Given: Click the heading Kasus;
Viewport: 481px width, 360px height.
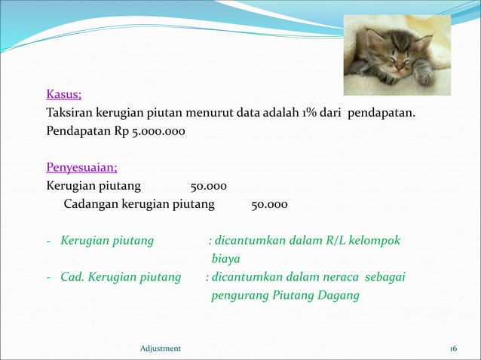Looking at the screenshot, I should coord(64,95).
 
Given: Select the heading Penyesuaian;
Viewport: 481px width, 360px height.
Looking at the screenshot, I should coord(81,166).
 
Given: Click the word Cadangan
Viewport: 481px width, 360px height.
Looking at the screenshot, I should coord(88,204).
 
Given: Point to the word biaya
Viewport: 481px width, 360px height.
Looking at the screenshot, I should coord(225,259).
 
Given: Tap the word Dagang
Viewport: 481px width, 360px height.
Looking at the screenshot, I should coord(339,295).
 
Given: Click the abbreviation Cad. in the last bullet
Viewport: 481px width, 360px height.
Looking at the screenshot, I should coord(73,277).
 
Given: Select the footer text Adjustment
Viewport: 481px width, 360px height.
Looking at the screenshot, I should coord(161,348).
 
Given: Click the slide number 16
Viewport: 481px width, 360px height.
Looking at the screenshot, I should coord(453,348).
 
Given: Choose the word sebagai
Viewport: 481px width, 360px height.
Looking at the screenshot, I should coord(385,277).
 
